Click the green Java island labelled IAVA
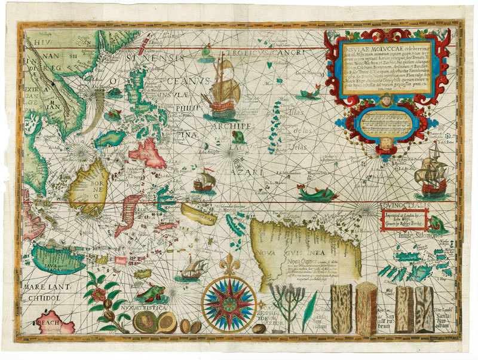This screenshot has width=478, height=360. [x=60, y=258]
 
